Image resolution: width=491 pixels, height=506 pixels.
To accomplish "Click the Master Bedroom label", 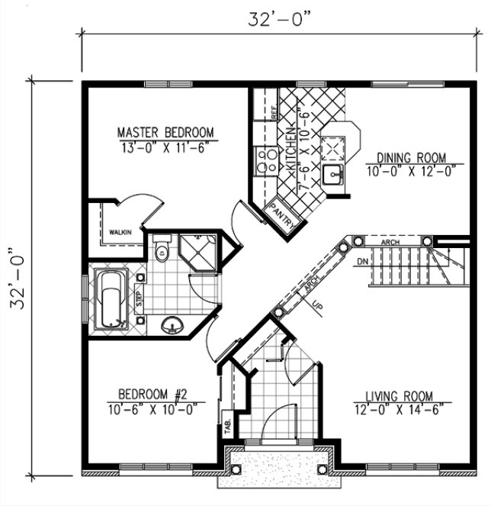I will [x=166, y=131].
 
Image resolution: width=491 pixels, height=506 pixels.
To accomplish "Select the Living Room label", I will [x=398, y=396].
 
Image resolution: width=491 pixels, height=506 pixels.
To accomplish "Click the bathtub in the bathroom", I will [x=111, y=300].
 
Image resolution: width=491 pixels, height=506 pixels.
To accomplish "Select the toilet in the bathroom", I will [x=161, y=250].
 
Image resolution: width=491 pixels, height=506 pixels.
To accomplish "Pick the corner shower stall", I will [x=199, y=251].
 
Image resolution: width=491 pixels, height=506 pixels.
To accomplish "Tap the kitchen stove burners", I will [x=266, y=160].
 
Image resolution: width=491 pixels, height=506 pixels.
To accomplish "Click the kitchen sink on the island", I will [x=332, y=175].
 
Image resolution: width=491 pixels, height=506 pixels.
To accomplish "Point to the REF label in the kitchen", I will [x=273, y=112].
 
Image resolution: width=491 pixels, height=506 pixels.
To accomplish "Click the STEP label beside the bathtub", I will [x=140, y=297].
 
